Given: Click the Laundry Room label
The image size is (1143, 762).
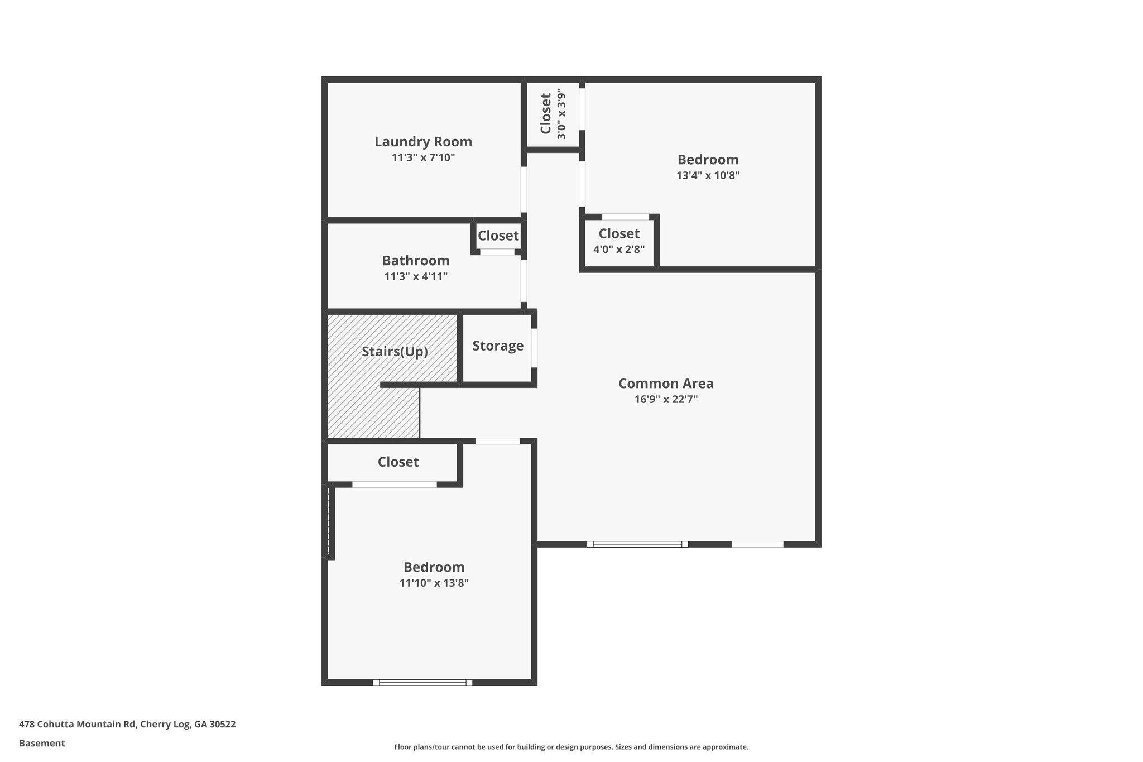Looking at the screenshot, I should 423,142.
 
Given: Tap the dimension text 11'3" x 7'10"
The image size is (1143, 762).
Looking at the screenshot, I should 423,158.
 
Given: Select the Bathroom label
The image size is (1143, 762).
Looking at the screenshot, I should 416,261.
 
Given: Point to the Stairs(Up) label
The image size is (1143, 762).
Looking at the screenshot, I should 395,352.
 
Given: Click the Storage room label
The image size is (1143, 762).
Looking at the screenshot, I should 498,346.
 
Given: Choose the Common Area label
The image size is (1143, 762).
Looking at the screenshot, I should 666,384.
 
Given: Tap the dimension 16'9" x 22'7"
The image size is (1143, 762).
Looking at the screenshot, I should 666,400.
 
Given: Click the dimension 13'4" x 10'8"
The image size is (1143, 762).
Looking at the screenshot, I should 708,176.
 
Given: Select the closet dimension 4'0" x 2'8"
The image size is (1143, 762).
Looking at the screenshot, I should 619,250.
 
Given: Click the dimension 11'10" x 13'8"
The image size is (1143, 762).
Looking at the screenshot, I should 434,583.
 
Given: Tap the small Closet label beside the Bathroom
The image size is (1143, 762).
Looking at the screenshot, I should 498,236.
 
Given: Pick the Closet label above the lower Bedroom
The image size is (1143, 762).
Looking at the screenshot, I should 398,462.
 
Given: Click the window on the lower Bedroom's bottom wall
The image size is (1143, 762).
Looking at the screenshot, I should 422,682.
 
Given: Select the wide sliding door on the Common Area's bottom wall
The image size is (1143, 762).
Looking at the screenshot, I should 637,544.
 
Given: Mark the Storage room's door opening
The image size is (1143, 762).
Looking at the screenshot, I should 534,348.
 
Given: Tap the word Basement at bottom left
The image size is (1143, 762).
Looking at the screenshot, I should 42,744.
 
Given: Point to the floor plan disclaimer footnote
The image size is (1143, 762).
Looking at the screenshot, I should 571,747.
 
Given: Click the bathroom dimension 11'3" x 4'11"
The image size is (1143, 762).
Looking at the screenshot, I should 416,277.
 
